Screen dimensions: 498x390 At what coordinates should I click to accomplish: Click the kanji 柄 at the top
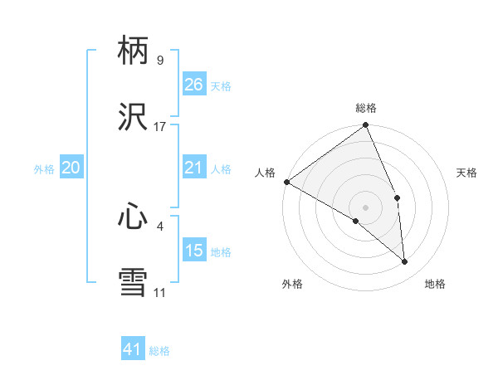click(x=133, y=52)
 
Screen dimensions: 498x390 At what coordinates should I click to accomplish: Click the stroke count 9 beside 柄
click(x=160, y=61)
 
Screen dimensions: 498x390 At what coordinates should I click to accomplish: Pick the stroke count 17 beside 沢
click(x=160, y=127)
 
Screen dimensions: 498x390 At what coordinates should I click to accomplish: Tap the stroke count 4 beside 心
click(x=160, y=224)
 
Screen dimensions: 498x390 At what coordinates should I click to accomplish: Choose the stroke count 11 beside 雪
click(x=160, y=291)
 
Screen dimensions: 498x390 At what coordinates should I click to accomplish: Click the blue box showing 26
click(x=193, y=85)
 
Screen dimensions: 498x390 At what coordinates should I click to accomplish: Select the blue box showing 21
click(x=193, y=168)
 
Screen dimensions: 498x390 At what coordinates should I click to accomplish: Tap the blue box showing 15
click(x=193, y=251)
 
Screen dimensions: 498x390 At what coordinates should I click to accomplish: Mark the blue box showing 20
click(x=71, y=168)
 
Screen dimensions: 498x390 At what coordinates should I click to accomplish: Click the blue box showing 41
click(x=133, y=349)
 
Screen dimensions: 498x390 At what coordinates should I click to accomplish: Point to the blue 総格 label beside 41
click(x=159, y=351)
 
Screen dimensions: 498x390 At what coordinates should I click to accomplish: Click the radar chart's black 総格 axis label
click(x=366, y=108)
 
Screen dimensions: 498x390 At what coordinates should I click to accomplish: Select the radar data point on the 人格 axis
click(x=286, y=182)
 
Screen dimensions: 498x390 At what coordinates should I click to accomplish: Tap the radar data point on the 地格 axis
click(x=405, y=261)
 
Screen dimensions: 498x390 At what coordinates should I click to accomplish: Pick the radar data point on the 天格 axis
click(x=398, y=197)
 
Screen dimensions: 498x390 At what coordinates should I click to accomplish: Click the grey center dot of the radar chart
click(x=366, y=207)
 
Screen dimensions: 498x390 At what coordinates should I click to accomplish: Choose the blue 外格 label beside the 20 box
click(x=44, y=169)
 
